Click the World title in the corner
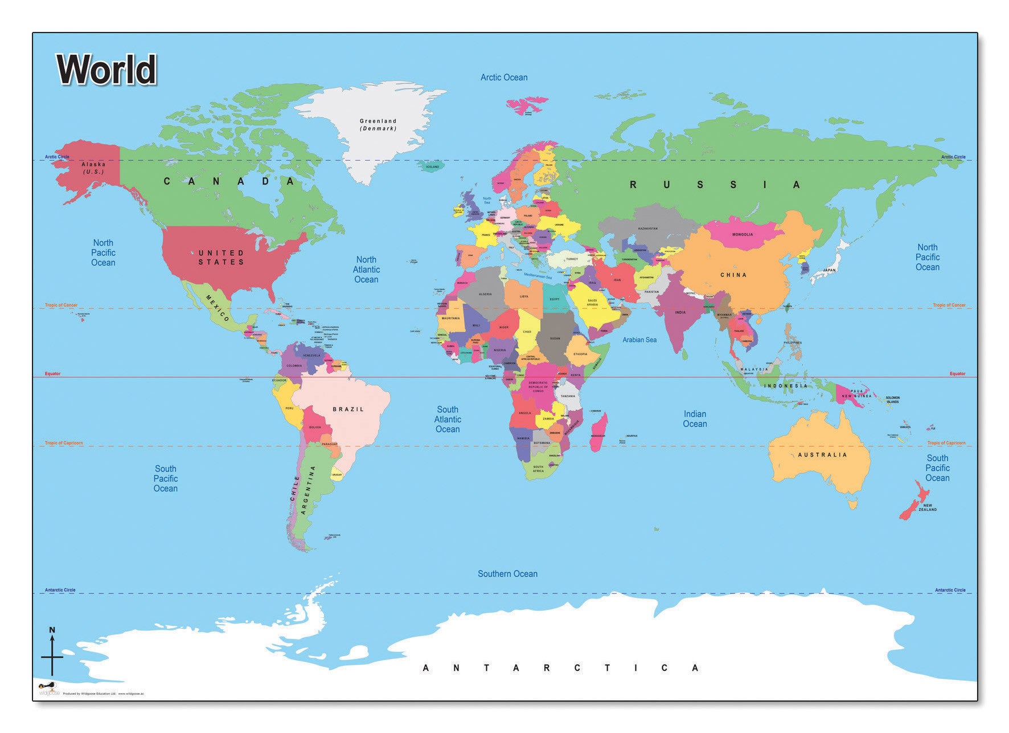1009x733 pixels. coord(106,70)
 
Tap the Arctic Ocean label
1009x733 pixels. coord(503,78)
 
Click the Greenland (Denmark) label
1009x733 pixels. coord(378,125)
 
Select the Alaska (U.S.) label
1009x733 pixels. coord(93,168)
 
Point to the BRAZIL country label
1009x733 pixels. coord(348,409)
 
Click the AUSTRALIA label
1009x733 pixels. coord(822,455)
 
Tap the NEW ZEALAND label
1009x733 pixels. coord(927,507)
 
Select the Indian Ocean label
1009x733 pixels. coord(695,419)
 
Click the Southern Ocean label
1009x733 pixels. coord(507,574)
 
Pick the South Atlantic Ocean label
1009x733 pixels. coord(448,420)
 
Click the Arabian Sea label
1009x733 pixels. coord(639,340)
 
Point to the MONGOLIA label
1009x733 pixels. coord(743,234)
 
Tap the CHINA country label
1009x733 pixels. coord(733,275)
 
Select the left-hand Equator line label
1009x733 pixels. coord(52,374)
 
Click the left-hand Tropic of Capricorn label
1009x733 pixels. coord(64,443)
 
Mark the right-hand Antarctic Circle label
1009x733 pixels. coord(950,590)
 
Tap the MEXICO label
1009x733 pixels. coord(218,308)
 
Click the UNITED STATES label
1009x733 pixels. coord(222,257)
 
